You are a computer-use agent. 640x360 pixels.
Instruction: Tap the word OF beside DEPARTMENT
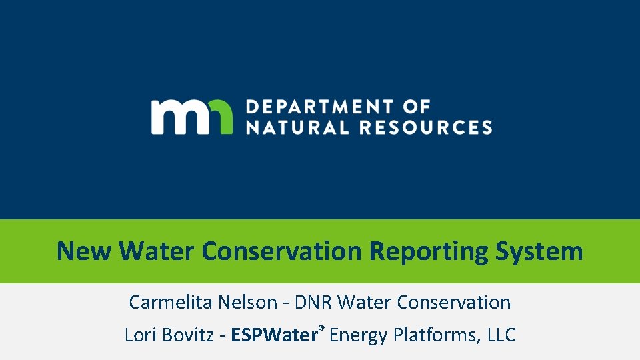click(x=417, y=107)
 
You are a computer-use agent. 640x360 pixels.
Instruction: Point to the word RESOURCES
click(x=427, y=127)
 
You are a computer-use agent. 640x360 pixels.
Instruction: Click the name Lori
click(x=138, y=335)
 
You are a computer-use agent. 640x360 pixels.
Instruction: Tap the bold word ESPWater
click(x=273, y=335)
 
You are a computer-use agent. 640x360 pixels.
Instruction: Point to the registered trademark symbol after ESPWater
click(x=321, y=329)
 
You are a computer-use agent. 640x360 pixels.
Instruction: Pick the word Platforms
click(x=435, y=335)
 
